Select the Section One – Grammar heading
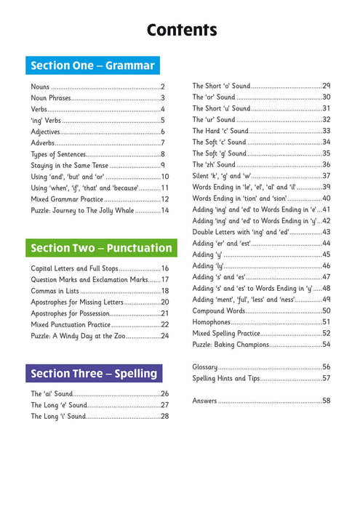pyautogui.click(x=92, y=65)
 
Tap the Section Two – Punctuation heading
pyautogui.click(x=101, y=248)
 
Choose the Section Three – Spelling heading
pyautogui.click(x=94, y=374)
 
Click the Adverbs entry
pyautogui.click(x=47, y=143)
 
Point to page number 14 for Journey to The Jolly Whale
pyautogui.click(x=164, y=210)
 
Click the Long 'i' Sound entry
pyautogui.click(x=58, y=417)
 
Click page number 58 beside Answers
pyautogui.click(x=326, y=401)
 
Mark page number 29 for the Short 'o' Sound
pyautogui.click(x=326, y=86)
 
